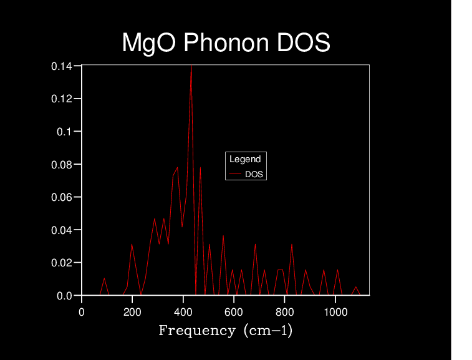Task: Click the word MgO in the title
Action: [143, 43]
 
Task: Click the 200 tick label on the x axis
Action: [132, 312]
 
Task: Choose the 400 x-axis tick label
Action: [183, 312]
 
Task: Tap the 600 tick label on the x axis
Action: [234, 312]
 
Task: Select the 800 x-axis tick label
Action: [285, 312]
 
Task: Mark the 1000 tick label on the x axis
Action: [335, 312]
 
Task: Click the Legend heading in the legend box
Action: [245, 159]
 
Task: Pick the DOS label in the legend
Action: [254, 174]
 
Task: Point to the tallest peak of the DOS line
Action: [191, 66]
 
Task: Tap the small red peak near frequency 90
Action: [104, 279]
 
